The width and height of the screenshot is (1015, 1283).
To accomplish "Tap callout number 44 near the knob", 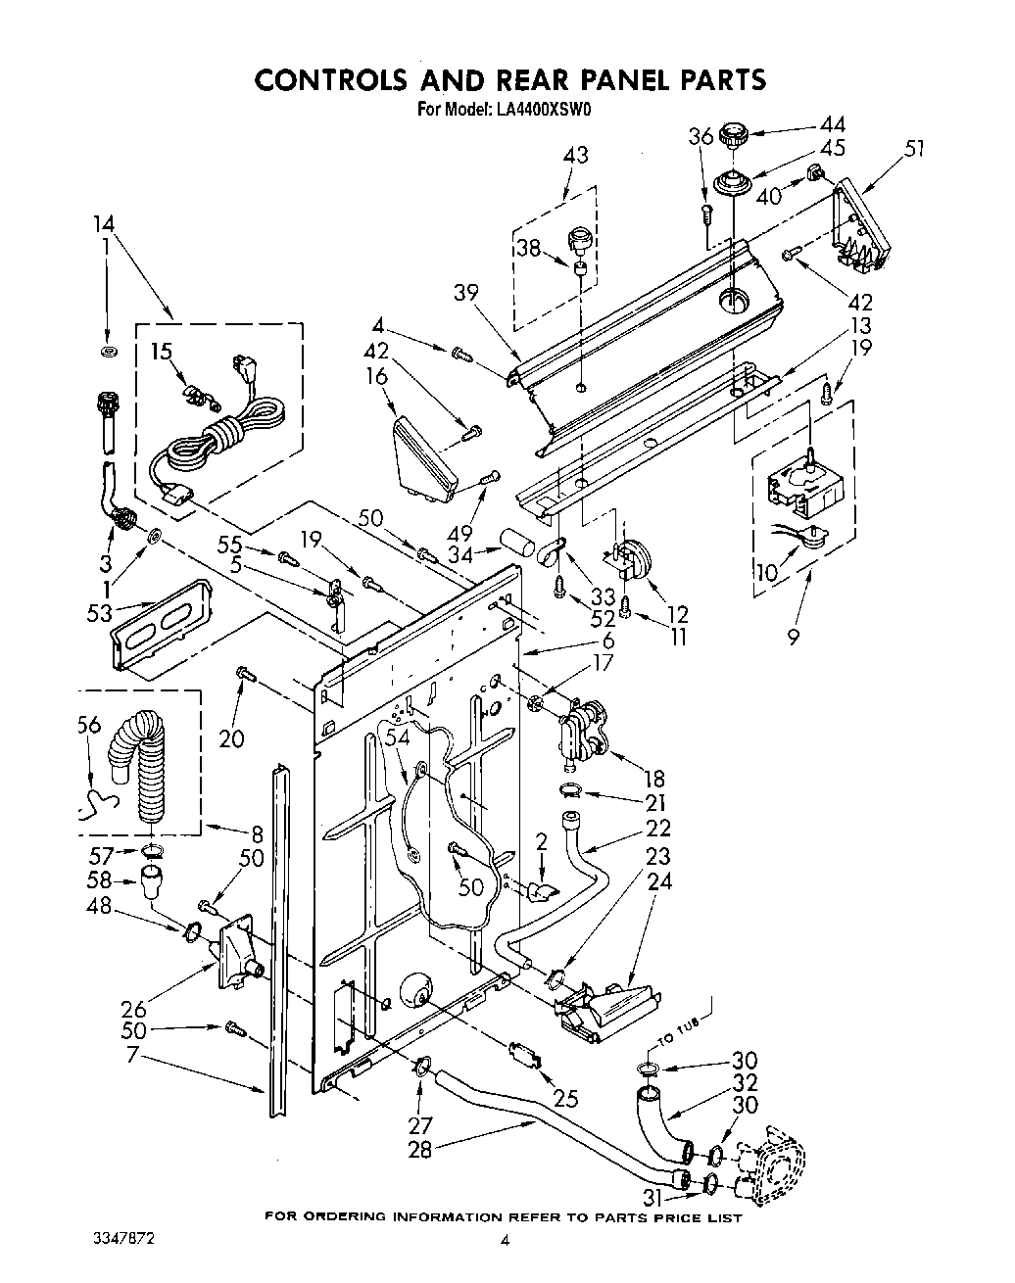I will [x=832, y=124].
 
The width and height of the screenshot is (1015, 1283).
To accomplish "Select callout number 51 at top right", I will [x=914, y=149].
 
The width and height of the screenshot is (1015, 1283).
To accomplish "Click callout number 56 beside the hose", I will [x=88, y=724].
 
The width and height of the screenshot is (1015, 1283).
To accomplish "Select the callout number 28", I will [x=419, y=1149].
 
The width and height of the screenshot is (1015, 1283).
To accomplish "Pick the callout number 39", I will [x=467, y=292].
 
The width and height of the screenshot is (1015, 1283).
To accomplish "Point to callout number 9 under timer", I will [x=792, y=638].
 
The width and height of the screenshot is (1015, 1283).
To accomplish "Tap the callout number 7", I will [x=132, y=1057].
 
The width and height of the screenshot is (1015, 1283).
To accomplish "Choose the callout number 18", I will [x=652, y=779].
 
